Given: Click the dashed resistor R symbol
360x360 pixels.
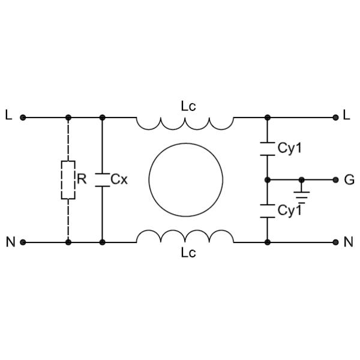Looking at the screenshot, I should pyautogui.click(x=68, y=180).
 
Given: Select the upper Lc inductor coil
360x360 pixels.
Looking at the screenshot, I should pyautogui.click(x=185, y=123).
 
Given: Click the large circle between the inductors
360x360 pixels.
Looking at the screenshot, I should pyautogui.click(x=185, y=180).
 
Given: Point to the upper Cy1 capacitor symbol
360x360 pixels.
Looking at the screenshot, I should pyautogui.click(x=268, y=149).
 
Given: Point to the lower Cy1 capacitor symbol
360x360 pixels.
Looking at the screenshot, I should pyautogui.click(x=268, y=211).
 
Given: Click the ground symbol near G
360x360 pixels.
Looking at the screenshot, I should pyautogui.click(x=302, y=193).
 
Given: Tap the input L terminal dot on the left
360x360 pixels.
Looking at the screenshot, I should pyautogui.click(x=23, y=118).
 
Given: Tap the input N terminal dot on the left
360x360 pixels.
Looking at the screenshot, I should pyautogui.click(x=23, y=242).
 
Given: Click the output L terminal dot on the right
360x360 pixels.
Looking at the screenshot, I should pyautogui.click(x=336, y=118).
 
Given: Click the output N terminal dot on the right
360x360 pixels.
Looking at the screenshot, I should pyautogui.click(x=336, y=242).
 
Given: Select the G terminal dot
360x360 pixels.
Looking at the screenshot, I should pyautogui.click(x=336, y=179).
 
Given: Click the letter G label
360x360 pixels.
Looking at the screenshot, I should pyautogui.click(x=349, y=179).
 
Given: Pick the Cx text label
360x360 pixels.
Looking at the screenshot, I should pyautogui.click(x=119, y=179).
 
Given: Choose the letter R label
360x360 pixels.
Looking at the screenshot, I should pyautogui.click(x=82, y=179).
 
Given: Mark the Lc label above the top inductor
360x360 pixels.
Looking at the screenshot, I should pyautogui.click(x=188, y=106).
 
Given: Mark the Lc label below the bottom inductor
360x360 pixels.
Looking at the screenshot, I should pyautogui.click(x=188, y=253).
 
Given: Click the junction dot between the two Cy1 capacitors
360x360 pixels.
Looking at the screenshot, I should pyautogui.click(x=268, y=179).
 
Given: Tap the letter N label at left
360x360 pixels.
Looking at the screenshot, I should pyautogui.click(x=10, y=242).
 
